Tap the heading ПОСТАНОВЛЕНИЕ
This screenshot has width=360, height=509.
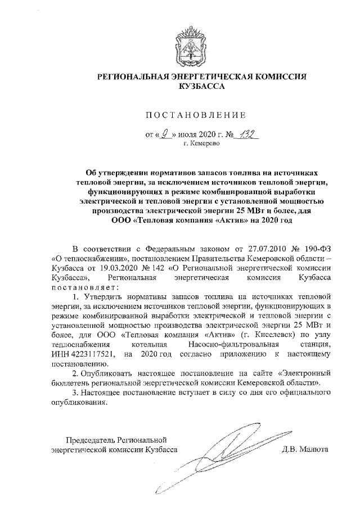coord(196,116)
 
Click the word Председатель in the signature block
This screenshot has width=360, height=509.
coord(93,440)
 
